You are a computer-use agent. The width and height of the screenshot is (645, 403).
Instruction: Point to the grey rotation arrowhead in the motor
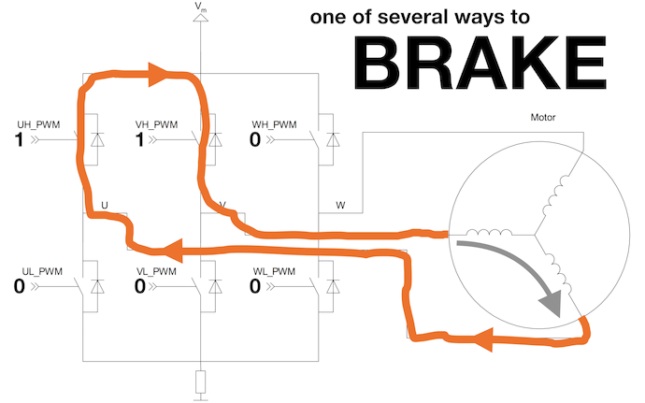(552, 304)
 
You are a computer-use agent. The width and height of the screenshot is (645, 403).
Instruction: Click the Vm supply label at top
(201, 8)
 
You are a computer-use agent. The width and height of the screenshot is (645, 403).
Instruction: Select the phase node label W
(339, 204)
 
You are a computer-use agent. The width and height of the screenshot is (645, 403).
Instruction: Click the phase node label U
(104, 204)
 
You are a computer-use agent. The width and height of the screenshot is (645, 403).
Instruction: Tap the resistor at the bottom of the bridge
(201, 381)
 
